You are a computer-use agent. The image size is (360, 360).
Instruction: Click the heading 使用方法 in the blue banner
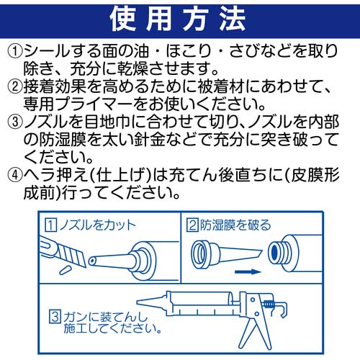(179, 19)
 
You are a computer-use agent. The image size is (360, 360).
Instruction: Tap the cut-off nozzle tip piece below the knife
(63, 269)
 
